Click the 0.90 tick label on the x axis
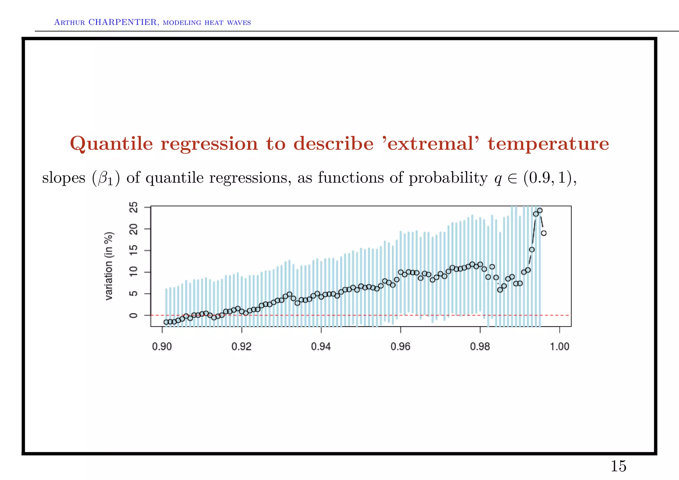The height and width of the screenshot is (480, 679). coord(162,347)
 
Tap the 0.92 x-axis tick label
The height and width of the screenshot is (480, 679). coord(241,347)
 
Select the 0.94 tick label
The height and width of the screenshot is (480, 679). coord(321,347)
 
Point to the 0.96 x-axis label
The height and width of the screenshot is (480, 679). coord(401,347)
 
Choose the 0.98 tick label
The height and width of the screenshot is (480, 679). coord(480,347)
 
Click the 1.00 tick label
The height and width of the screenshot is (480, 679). coord(560,347)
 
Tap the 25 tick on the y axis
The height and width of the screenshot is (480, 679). coord(134,208)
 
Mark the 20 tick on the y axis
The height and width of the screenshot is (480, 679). coord(134,229)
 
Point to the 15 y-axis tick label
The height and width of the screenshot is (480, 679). coord(134,251)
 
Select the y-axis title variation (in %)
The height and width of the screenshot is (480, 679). coord(109,266)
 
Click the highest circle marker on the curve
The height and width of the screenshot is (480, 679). coord(540,210)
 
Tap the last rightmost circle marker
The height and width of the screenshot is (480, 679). coord(544,233)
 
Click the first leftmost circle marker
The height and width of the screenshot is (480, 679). coord(166,322)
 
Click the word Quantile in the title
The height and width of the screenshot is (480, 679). coord(111,144)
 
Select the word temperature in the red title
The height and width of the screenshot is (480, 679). coord(548,144)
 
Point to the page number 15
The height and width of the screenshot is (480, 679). coord(618,466)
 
